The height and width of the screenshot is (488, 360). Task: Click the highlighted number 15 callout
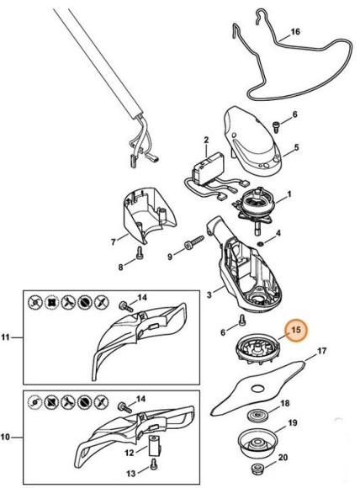296,330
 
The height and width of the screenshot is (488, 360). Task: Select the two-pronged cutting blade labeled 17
257,388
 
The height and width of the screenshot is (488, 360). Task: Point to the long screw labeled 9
194,243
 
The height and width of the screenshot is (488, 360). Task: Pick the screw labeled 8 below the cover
140,252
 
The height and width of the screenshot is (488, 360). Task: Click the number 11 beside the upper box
6,337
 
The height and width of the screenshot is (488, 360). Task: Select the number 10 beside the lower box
5,437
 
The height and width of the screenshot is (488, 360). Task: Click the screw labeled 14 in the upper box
126,306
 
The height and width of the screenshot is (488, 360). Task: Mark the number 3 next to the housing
209,294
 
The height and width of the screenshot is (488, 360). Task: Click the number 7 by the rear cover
114,241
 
